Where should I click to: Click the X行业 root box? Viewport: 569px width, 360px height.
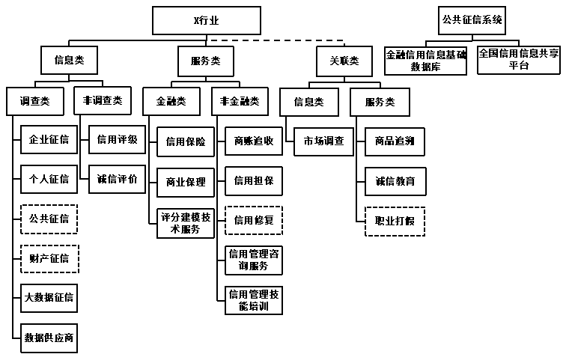tap(207, 20)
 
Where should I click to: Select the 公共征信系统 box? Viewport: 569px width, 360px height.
tap(472, 20)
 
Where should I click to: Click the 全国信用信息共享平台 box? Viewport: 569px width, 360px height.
tap(519, 60)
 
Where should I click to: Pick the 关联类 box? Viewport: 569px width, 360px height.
tap(344, 60)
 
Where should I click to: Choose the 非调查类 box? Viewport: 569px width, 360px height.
tap(103, 100)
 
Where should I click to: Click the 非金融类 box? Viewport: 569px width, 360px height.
tap(240, 100)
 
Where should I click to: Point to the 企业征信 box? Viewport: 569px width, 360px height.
tap(49, 139)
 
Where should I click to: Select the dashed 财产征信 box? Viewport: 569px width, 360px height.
tap(49, 258)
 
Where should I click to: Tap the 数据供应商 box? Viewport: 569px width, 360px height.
tap(49, 337)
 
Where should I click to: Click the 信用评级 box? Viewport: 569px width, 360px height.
tap(118, 139)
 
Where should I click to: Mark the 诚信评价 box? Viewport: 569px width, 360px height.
tap(118, 179)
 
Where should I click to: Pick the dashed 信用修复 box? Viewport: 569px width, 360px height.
tap(254, 220)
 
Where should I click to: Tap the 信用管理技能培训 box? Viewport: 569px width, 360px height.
tap(254, 300)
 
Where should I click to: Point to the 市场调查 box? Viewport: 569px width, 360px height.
tap(323, 141)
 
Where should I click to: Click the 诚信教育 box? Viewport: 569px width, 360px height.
tap(395, 181)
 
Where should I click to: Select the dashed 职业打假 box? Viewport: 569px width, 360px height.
tap(395, 221)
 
